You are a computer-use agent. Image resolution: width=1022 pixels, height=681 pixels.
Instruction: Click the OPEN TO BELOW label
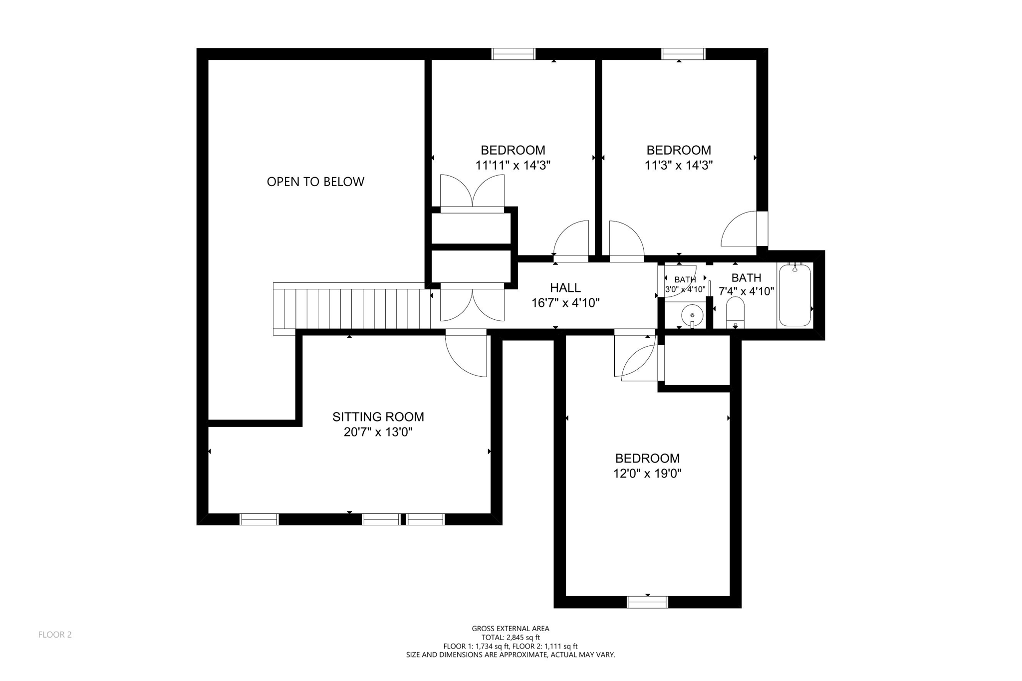point(315,182)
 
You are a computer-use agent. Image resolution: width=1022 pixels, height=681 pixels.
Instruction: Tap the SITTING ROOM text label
point(378,417)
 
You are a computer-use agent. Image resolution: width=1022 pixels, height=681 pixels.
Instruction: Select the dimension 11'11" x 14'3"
point(512,165)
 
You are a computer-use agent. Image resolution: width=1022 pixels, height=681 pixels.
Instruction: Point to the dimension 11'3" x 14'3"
point(678,165)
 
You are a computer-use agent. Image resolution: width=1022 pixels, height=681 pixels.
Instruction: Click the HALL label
point(565,287)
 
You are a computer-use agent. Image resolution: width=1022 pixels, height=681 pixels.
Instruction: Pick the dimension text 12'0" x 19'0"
point(647,473)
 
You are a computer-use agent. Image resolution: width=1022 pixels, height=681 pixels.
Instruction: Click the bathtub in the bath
point(795,295)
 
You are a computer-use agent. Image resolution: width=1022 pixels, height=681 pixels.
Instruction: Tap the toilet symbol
point(735,312)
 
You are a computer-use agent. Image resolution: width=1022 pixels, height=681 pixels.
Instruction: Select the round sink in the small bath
point(692,315)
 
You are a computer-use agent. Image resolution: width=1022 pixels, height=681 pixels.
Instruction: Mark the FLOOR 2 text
point(55,635)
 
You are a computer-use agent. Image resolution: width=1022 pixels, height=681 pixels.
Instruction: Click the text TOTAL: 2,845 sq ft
point(511,637)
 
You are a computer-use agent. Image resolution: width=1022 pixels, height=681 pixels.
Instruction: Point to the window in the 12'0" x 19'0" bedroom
point(647,602)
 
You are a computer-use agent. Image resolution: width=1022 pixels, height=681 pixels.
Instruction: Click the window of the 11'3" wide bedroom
point(683,54)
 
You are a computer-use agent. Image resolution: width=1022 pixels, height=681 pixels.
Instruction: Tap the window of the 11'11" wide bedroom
point(513,54)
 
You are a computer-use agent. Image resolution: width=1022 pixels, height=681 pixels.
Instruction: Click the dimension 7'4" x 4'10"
point(746,291)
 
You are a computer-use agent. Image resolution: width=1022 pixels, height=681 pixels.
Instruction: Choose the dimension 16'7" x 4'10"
point(565,303)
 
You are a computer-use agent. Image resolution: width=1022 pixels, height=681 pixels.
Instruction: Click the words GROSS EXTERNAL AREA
point(511,629)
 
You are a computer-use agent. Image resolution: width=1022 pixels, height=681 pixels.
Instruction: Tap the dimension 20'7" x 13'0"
point(378,432)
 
